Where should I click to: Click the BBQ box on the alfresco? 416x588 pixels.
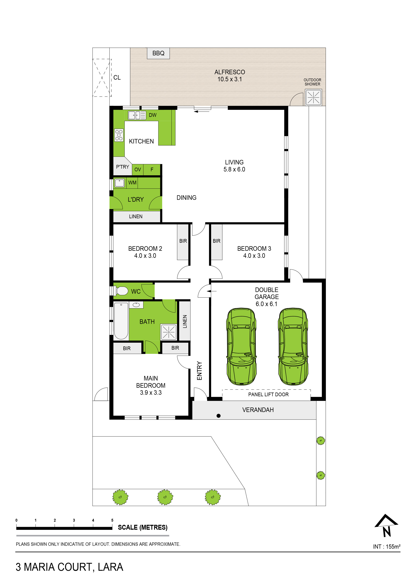pos(158,53)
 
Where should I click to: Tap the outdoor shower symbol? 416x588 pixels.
pos(313,97)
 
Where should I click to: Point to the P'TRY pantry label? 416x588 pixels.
pos(122,167)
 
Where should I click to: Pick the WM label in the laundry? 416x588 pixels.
pos(132,183)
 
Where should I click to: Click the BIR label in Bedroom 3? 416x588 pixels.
pos(217,241)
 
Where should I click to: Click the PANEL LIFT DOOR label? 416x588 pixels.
pos(268,394)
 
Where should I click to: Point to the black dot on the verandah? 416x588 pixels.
pos(218,416)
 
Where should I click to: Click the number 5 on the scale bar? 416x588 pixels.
pos(112,520)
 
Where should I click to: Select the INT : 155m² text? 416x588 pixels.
pos(386,546)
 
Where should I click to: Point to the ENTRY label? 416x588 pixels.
pos(199,371)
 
